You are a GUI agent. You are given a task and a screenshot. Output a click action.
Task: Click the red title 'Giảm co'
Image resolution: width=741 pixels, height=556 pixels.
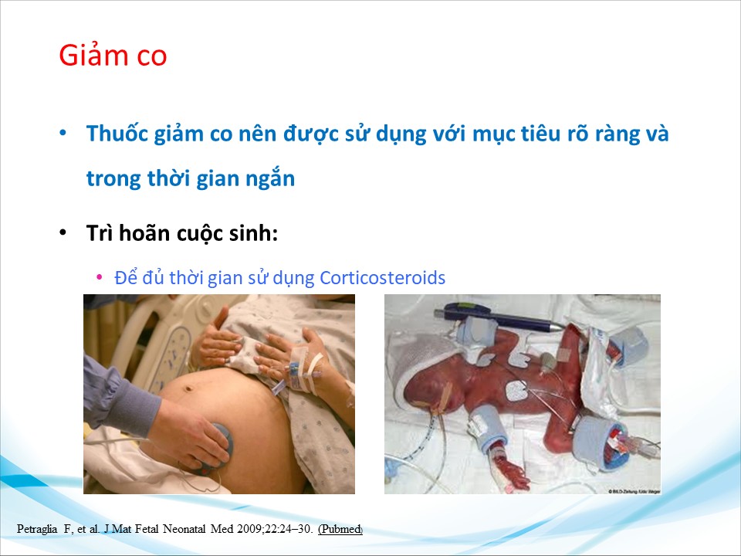tap(113, 55)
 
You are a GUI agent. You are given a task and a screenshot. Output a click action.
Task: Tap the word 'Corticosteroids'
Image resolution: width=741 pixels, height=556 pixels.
tap(382, 277)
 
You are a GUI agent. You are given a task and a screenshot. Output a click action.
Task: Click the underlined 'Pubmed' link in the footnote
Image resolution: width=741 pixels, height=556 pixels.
tap(340, 529)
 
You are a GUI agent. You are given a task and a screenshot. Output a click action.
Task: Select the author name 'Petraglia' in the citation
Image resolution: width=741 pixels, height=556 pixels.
tap(37, 529)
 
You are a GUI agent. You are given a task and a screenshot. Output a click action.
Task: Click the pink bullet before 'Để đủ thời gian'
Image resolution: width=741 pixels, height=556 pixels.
tap(100, 277)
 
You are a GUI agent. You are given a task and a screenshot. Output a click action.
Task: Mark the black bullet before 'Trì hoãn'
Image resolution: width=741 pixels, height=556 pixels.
tap(63, 233)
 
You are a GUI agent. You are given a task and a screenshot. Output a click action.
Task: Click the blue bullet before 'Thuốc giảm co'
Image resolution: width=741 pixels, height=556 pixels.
tap(63, 133)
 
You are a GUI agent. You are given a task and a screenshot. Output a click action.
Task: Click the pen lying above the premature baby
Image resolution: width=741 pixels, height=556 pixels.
tap(498, 317)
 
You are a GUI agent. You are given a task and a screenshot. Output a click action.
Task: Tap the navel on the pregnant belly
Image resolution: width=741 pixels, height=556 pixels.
tap(189, 388)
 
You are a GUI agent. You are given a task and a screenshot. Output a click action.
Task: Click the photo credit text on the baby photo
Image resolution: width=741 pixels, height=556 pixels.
tap(634, 492)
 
